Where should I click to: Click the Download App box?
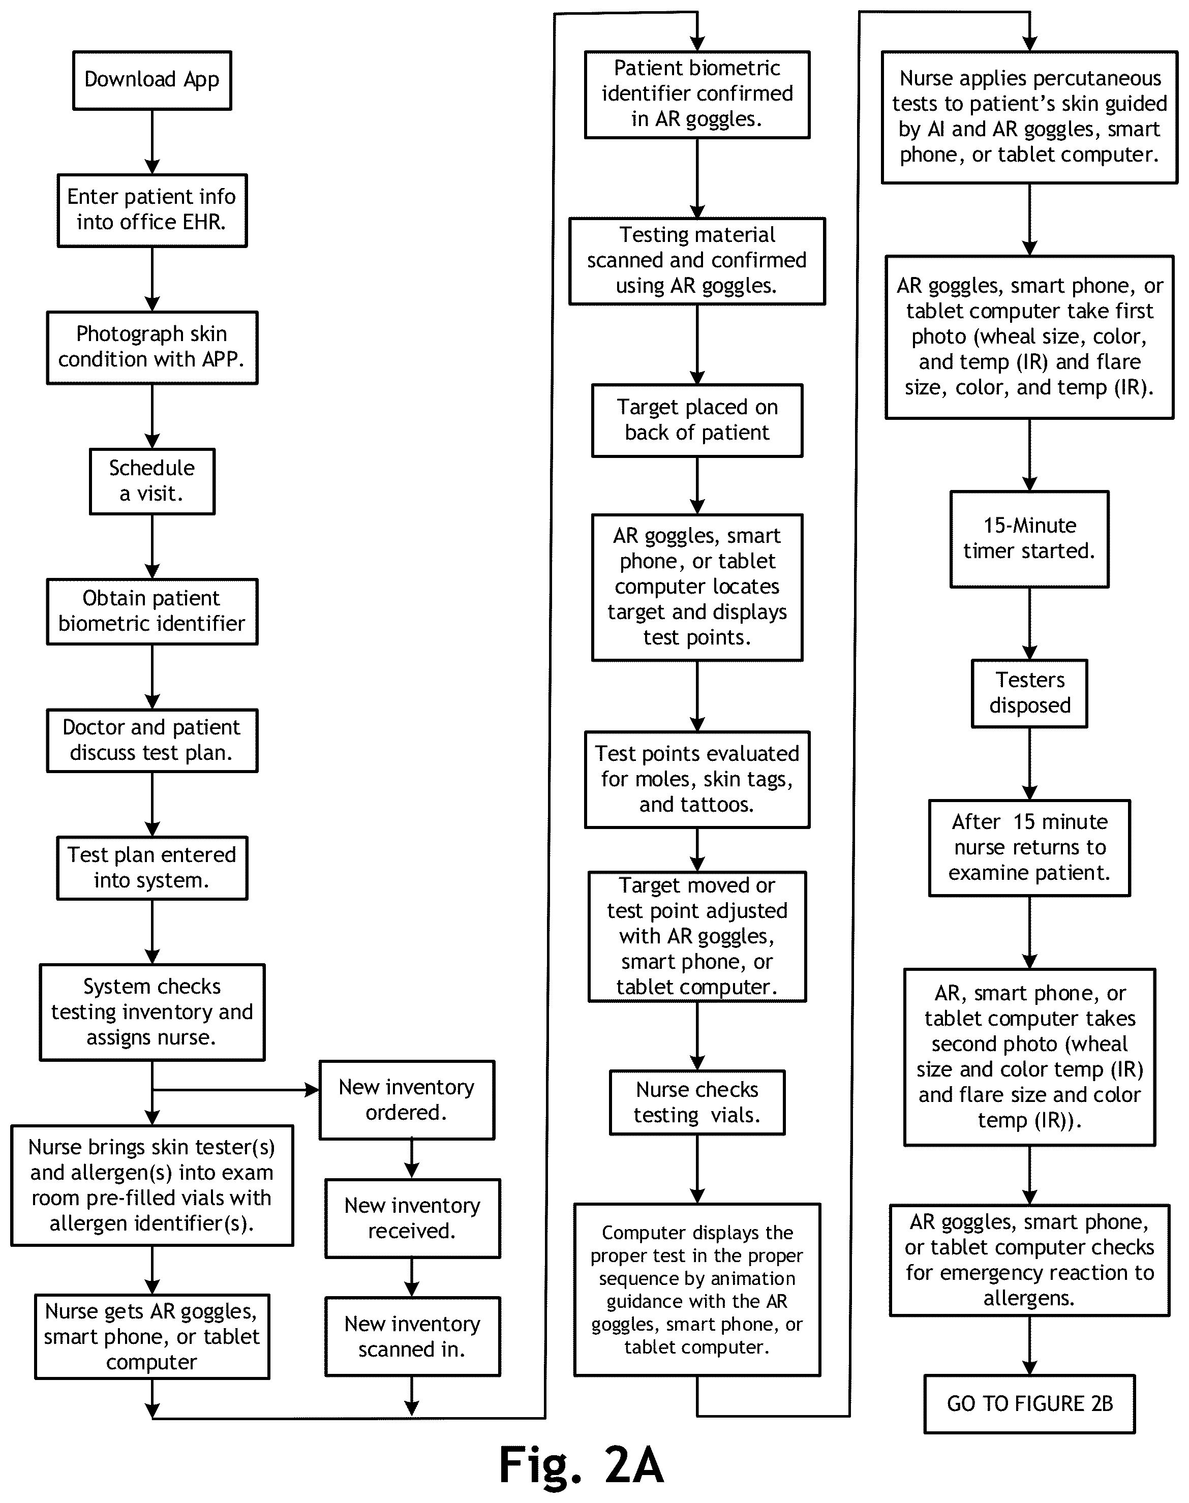[152, 80]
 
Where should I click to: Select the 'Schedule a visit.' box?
[152, 481]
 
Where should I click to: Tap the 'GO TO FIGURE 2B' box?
[1029, 1403]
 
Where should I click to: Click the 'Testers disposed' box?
[1029, 693]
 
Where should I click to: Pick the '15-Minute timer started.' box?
[1029, 539]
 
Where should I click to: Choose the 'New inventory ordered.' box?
[407, 1100]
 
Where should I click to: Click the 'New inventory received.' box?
[412, 1218]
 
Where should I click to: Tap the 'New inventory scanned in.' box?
[412, 1337]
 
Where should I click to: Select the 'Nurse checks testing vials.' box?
[697, 1102]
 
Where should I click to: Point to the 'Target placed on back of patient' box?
[697, 420]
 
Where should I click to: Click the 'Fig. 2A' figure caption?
[581, 1465]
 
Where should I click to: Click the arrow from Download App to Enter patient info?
[152, 142]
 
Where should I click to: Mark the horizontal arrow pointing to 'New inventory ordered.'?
[235, 1089]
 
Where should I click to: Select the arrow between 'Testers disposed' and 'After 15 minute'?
[1029, 763]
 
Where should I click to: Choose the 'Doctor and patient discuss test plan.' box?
[152, 740]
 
